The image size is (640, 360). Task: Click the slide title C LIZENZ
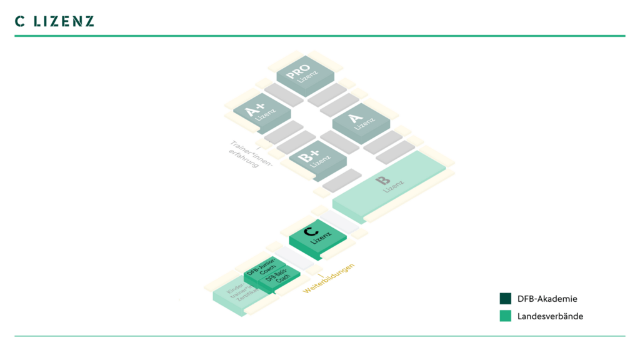(x=54, y=21)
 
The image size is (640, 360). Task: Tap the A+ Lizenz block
(x=261, y=112)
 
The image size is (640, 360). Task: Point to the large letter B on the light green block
(x=382, y=181)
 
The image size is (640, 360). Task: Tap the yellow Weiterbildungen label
(x=329, y=279)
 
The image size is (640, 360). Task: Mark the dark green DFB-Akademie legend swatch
(x=506, y=299)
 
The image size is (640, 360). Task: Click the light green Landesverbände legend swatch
(x=506, y=316)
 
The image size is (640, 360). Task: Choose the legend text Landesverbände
(x=550, y=316)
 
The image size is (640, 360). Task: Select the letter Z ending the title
(x=89, y=21)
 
